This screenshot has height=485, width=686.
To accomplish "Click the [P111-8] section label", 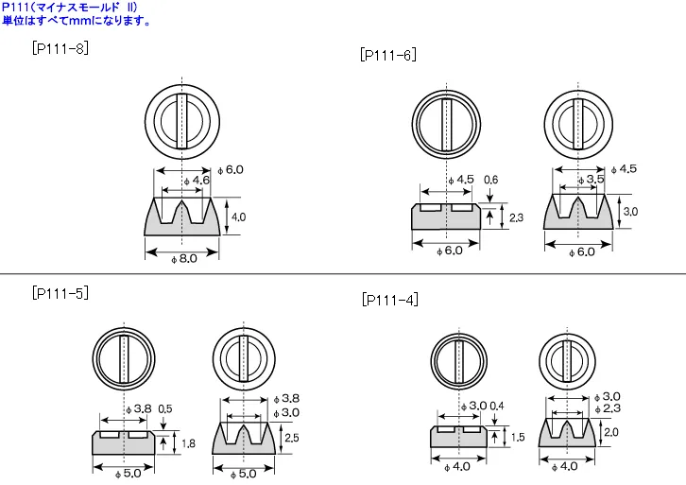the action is pos(60,48).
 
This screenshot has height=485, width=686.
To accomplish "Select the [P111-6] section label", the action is pos(388,55).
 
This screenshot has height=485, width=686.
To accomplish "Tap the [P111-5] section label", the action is pos(60,292).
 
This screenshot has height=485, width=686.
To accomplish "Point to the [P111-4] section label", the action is pos(390,300).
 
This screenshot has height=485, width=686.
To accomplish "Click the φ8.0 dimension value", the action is pos(184,259).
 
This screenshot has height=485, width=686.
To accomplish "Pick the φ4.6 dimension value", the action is pos(197,181).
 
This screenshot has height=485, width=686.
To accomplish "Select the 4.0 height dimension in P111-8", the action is pos(238,217).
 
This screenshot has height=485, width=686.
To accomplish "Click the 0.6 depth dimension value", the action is pos(490,180).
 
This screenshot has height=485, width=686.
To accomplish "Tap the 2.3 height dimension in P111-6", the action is pos(516,217).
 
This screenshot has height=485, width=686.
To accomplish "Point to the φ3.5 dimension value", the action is pos(591,180).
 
